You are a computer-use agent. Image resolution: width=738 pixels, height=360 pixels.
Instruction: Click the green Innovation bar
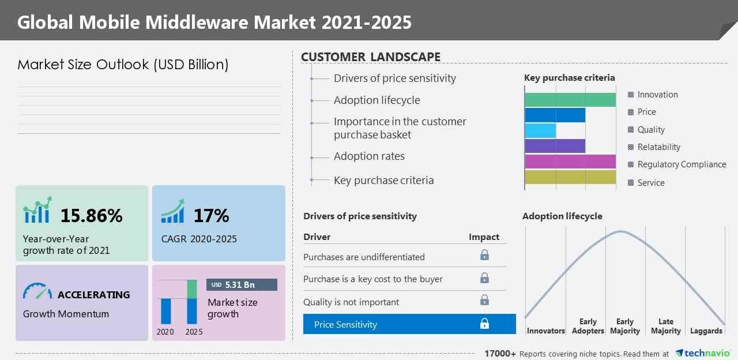click(570, 99)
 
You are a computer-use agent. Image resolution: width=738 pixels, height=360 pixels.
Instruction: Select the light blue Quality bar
click(540, 130)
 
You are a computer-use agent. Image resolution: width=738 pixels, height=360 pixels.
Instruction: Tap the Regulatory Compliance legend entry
click(681, 164)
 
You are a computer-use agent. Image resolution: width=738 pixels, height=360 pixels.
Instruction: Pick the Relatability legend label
click(658, 147)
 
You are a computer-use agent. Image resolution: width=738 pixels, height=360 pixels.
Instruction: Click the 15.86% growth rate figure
click(91, 216)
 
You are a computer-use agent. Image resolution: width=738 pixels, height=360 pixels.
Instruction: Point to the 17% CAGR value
click(211, 216)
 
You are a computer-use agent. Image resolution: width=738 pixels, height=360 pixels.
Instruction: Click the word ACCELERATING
click(93, 295)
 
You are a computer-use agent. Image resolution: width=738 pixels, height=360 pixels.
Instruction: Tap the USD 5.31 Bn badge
click(242, 285)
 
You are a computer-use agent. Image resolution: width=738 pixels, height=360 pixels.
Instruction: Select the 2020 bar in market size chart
click(166, 311)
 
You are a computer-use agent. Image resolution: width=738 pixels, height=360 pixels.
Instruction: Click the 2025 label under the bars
click(194, 332)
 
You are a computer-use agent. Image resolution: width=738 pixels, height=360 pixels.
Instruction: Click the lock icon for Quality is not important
click(484, 300)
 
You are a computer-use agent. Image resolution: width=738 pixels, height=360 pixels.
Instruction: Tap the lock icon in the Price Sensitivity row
click(484, 324)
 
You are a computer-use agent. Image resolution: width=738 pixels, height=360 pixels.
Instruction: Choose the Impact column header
click(484, 237)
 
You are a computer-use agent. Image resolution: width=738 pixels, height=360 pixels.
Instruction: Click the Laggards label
click(706, 331)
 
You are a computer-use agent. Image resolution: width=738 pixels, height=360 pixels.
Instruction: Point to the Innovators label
click(545, 331)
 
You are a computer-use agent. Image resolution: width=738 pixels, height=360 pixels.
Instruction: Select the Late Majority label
click(665, 327)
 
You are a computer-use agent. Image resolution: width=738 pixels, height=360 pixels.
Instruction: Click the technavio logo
click(703, 353)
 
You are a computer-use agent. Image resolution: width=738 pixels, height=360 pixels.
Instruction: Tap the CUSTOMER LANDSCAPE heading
click(371, 57)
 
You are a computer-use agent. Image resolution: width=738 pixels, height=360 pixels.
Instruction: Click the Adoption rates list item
click(369, 156)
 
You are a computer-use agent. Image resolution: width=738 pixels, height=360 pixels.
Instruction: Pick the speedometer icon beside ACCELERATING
click(37, 292)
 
